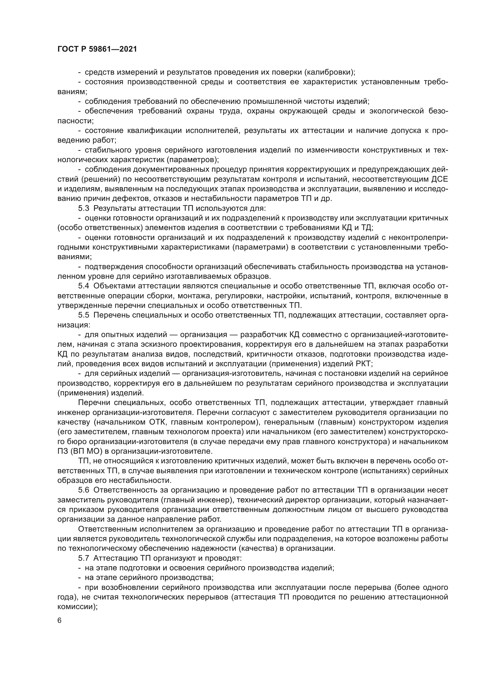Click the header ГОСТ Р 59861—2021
point(97,49)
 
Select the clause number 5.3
point(84,208)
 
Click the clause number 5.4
point(84,286)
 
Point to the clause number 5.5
point(84,315)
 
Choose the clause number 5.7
point(84,558)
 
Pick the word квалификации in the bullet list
point(153,130)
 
